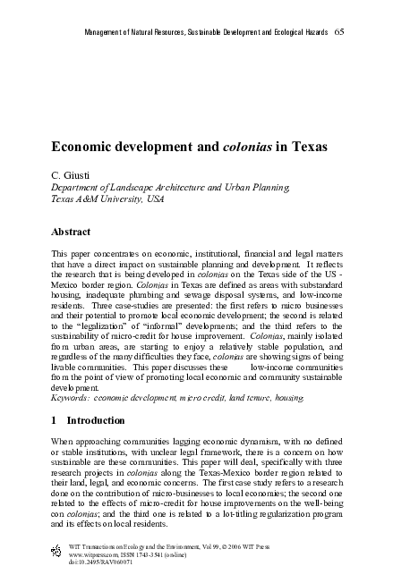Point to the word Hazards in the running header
tap(312, 32)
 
